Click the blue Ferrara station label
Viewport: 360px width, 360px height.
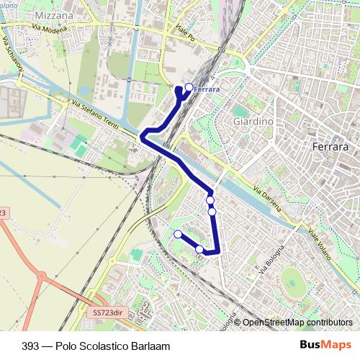pyautogui.click(x=207, y=88)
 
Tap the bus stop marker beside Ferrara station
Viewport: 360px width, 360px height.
pyautogui.click(x=189, y=87)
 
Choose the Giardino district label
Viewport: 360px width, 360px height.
pyautogui.click(x=253, y=122)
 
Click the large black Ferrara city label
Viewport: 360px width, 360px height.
pyautogui.click(x=330, y=146)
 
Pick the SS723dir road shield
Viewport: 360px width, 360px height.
pyautogui.click(x=108, y=313)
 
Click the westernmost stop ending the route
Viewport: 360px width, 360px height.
pyautogui.click(x=178, y=234)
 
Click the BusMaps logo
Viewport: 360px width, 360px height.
pyautogui.click(x=325, y=346)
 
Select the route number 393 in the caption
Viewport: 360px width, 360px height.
pyautogui.click(x=31, y=346)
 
